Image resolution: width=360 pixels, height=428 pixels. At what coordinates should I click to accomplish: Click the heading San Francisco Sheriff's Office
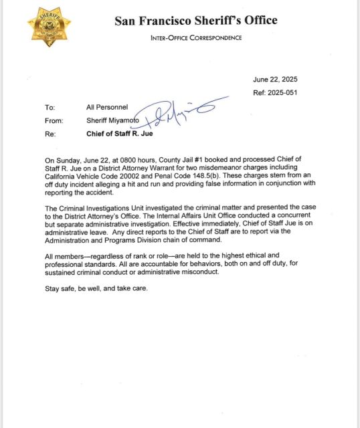tap(195, 20)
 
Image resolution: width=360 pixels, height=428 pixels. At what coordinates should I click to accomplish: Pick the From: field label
tap(54, 121)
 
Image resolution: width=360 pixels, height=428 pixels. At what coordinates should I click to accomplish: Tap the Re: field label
tap(50, 134)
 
